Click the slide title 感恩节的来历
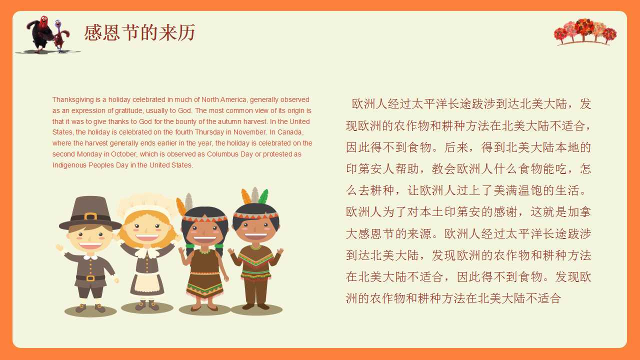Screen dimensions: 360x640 (139, 33)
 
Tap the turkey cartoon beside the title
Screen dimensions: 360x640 (47, 34)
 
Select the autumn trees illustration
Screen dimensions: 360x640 (585, 31)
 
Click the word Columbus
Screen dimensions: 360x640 (223, 154)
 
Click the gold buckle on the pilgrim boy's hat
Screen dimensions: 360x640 (90, 216)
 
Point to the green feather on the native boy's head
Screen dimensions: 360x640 (263, 197)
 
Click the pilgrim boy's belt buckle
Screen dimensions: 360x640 (90, 278)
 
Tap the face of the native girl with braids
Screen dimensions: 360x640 (204, 230)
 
